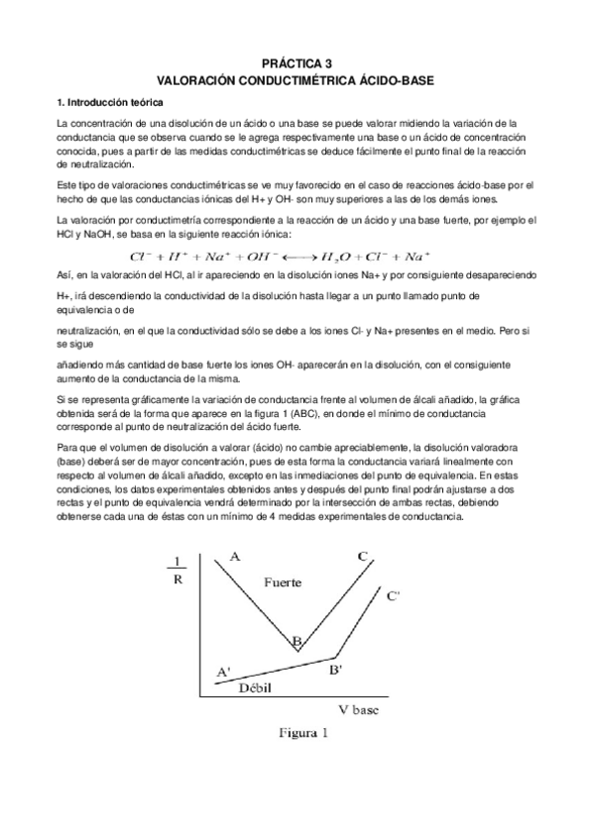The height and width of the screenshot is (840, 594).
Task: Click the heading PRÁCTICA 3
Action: point(297,60)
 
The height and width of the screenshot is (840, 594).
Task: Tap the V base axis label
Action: point(354,709)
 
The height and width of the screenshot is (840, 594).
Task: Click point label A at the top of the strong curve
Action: point(235,557)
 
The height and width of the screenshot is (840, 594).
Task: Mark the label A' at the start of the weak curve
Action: point(223,673)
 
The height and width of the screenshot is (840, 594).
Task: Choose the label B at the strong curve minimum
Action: point(296,644)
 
